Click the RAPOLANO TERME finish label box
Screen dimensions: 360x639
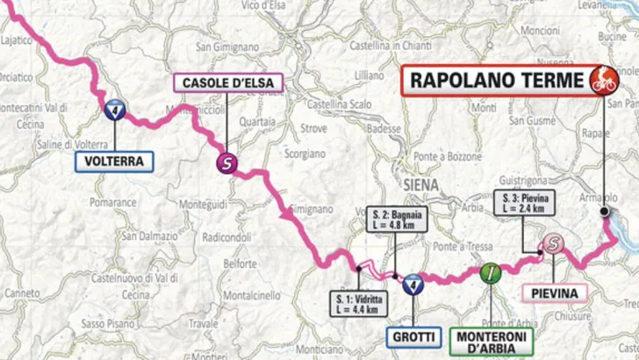[x=494, y=83]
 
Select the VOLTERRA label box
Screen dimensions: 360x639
[x=114, y=162]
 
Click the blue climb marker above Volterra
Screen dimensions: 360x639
[x=114, y=111]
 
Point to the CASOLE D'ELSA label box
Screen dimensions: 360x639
[x=227, y=83]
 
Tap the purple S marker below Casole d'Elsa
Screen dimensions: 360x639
[x=227, y=162]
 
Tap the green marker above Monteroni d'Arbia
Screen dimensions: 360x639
[x=491, y=272]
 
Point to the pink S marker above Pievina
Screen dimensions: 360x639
[x=551, y=244]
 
